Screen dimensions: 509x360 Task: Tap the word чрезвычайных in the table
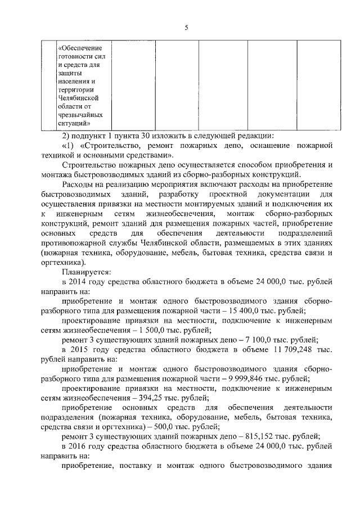click(x=79, y=114)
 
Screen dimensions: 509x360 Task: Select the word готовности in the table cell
click(x=76, y=56)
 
